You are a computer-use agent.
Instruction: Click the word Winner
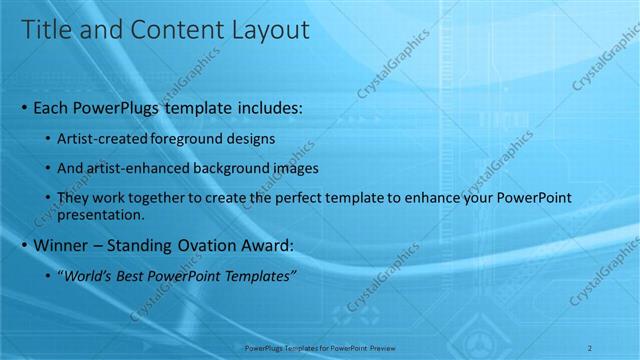(62, 245)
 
